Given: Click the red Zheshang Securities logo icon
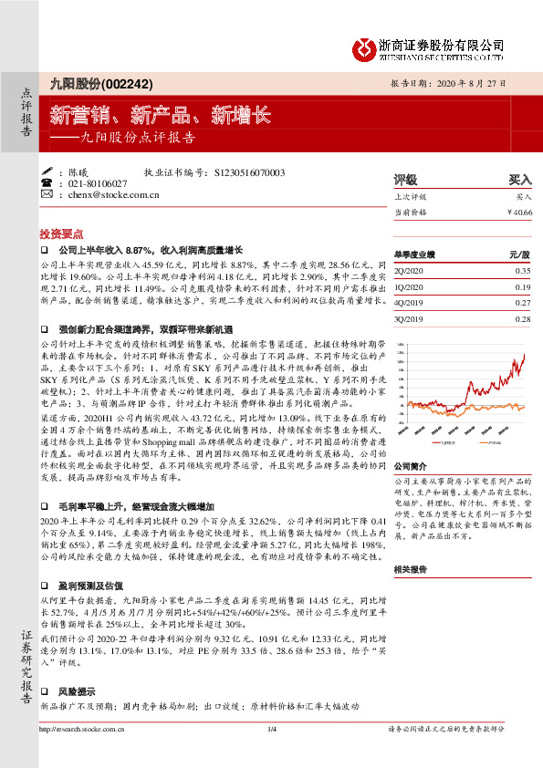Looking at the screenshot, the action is pyautogui.click(x=363, y=46).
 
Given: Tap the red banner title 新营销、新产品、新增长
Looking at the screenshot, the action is pyautogui.click(x=160, y=115).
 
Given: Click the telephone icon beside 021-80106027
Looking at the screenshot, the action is pyautogui.click(x=47, y=183).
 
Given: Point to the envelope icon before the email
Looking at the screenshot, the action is pyautogui.click(x=47, y=194).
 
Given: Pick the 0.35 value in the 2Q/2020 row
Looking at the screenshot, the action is pyautogui.click(x=522, y=272).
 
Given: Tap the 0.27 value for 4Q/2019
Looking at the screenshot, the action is pyautogui.click(x=522, y=303).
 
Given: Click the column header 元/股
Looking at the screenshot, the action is pyautogui.click(x=519, y=255).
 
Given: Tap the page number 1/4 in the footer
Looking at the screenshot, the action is pyautogui.click(x=271, y=753).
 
